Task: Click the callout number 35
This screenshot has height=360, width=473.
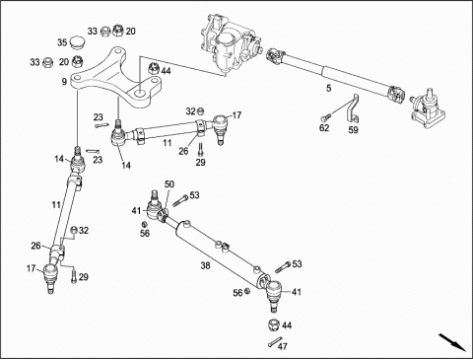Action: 62,42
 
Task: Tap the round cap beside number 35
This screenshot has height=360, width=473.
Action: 77,43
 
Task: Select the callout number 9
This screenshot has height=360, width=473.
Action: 64,82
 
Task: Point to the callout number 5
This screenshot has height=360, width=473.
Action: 329,88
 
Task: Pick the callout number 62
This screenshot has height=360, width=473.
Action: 324,127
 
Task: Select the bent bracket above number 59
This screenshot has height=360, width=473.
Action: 352,108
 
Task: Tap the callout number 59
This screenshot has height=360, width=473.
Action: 353,130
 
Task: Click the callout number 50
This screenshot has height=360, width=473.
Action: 169,184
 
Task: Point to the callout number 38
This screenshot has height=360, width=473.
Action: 205,265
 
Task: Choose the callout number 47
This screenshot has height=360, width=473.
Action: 283,346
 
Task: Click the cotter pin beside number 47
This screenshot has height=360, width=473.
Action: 274,342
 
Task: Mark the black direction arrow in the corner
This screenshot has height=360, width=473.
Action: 452,342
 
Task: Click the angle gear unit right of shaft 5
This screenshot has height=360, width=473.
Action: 428,108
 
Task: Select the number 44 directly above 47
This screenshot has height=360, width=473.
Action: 287,325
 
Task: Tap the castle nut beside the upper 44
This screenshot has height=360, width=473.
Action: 154,68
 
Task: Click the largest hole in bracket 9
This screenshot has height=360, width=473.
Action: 140,93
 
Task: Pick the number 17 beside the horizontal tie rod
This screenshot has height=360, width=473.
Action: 236,115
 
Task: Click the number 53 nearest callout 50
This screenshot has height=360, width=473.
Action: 194,195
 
